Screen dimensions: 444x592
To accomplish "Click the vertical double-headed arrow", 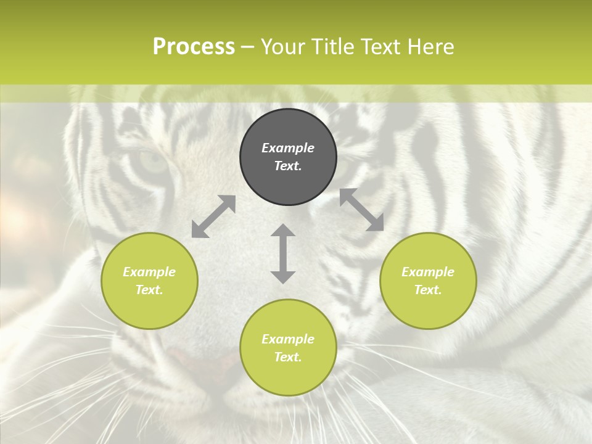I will coord(283,253).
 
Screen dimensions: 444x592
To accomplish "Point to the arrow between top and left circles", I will coord(213,216).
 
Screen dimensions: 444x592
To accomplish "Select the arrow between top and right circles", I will coord(361,210).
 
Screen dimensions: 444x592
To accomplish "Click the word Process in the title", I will coord(194,47).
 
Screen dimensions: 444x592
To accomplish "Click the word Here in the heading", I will coord(431,47).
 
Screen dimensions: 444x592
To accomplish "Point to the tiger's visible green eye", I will coord(153,162).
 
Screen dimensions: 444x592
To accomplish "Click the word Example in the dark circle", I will coord(288,148).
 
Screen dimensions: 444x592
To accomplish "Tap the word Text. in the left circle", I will coord(149,290).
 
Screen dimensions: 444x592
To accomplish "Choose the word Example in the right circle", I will coord(428,272).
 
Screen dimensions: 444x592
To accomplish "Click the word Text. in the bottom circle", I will coord(288,357).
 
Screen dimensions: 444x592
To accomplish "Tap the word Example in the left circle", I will coord(149,272).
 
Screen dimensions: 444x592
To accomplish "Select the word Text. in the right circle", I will coord(428,290).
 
